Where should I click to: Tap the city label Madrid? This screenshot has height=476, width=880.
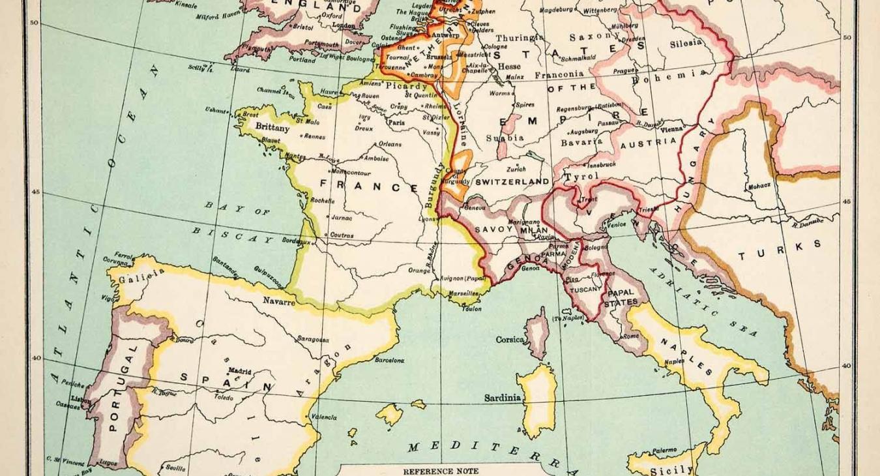point(239,370)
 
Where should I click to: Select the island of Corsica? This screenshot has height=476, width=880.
point(537,333)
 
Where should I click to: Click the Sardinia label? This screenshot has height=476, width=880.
point(503,398)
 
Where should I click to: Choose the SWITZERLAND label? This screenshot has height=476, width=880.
point(512,182)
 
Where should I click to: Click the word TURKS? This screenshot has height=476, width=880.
point(780,250)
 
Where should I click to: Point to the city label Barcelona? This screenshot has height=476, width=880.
point(389,360)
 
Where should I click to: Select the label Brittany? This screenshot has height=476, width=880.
point(272,128)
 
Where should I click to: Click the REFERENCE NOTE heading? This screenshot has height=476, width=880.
point(441,471)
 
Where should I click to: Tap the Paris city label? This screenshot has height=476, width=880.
point(396,122)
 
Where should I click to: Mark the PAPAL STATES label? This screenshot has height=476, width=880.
point(621,298)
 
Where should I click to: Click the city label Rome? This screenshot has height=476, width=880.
point(631,336)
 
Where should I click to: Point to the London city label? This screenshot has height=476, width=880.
point(344,25)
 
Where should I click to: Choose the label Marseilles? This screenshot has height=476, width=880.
point(463,293)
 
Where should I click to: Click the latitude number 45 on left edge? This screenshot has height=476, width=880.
point(35,192)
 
